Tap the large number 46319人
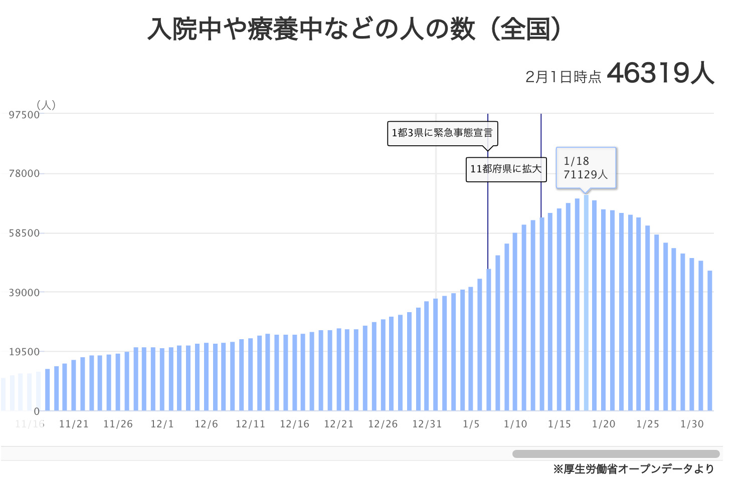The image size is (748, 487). [x=660, y=74]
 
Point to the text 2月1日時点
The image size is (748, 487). [x=563, y=77]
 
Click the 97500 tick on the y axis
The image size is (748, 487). [x=24, y=115]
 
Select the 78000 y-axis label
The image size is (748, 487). [x=24, y=174]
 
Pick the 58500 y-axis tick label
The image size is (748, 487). [x=24, y=233]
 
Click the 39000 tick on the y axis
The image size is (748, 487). [x=24, y=293]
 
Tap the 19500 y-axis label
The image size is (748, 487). [x=24, y=352]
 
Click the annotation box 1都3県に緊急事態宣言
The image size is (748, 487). [x=442, y=133]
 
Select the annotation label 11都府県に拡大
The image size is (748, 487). [x=506, y=169]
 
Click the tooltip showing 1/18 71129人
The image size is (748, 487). [x=586, y=168]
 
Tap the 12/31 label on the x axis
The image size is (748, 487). [x=427, y=424]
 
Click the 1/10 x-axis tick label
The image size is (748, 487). [x=515, y=424]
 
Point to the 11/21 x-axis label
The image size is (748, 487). [x=74, y=424]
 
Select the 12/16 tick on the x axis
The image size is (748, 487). [x=294, y=424]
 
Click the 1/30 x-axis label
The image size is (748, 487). [x=692, y=424]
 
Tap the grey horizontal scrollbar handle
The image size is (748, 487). [x=616, y=454]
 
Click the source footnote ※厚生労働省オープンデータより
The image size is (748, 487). [x=634, y=469]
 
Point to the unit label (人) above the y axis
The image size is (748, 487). [x=46, y=105]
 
